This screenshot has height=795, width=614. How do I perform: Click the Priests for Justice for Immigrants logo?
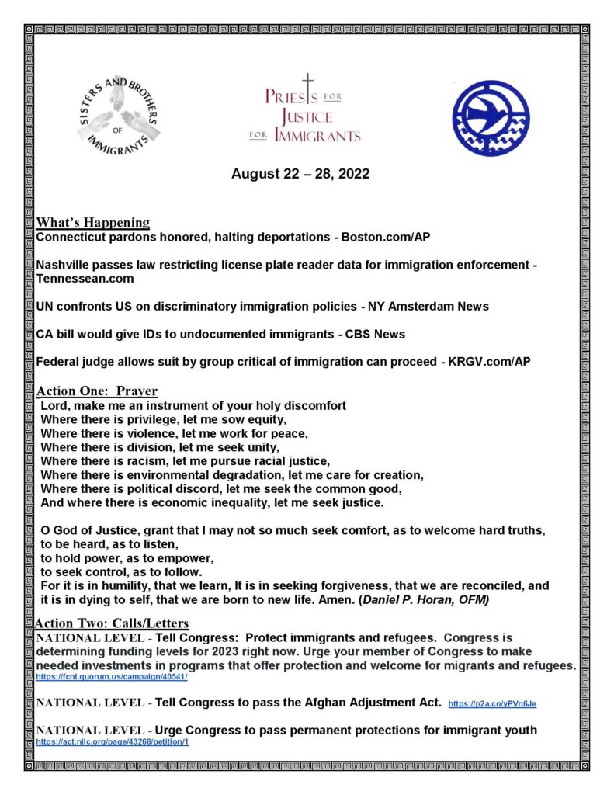tap(312, 113)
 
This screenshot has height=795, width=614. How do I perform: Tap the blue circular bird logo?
tap(491, 117)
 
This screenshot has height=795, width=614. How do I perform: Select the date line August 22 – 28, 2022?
tap(300, 174)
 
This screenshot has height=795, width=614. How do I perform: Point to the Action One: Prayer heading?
tap(97, 391)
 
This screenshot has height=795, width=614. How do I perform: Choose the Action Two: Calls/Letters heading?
tap(112, 623)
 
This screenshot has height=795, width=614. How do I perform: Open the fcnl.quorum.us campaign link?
tap(112, 678)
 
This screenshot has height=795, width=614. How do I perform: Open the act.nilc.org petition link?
tap(113, 742)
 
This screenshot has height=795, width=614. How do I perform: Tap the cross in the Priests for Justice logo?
tap(307, 86)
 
